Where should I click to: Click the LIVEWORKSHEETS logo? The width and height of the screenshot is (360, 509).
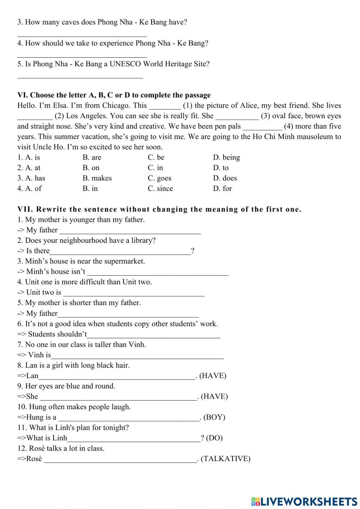pos(304,501)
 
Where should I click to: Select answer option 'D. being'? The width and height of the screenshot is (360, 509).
pos(226,157)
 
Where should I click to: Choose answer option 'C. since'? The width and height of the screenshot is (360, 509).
pos(160,188)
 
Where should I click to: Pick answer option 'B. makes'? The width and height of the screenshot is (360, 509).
pos(97,178)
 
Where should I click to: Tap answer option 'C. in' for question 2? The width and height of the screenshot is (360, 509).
pos(155,168)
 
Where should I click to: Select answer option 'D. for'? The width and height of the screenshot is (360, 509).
pos(222,188)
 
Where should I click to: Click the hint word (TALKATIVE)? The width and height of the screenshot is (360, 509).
pos(225,459)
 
